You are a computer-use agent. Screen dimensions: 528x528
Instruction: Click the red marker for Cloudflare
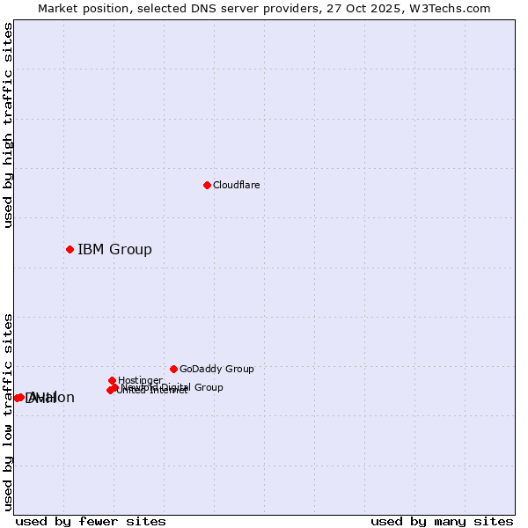(207, 185)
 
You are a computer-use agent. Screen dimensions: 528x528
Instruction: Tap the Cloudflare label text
(237, 185)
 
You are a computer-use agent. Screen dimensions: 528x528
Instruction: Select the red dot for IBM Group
(70, 249)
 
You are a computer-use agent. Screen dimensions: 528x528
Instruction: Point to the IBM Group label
(114, 250)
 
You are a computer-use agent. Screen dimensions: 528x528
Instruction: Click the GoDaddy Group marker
(173, 369)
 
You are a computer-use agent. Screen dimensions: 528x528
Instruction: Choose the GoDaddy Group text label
(216, 370)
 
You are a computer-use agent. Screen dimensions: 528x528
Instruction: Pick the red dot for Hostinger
(112, 380)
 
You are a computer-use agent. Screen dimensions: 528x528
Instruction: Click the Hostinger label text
(140, 380)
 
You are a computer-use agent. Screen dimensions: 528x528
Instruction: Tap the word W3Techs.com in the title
(455, 9)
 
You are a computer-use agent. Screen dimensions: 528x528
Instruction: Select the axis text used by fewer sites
(91, 521)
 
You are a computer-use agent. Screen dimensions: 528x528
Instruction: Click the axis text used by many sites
(442, 521)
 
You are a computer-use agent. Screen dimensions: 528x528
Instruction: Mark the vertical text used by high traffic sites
(9, 125)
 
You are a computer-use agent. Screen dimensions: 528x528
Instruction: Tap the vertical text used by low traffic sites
(9, 412)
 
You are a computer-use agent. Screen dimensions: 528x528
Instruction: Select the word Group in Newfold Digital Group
(208, 387)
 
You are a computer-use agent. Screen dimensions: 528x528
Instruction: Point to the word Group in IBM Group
(129, 250)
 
